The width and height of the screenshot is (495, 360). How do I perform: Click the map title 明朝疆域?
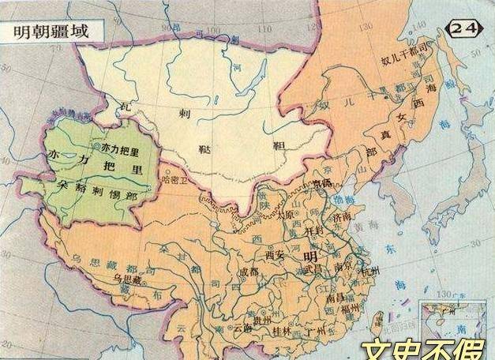click(x=48, y=30)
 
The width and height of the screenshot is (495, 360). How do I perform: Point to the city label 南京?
click(x=344, y=267)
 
